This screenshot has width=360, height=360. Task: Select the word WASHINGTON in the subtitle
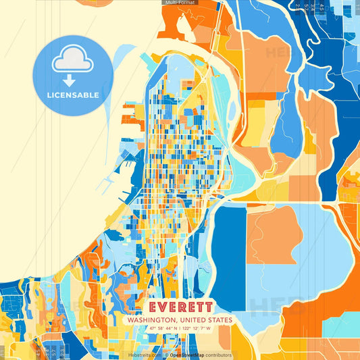coord(154,319)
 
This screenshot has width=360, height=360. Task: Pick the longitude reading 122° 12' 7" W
coord(197,329)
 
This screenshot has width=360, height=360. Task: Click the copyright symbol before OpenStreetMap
coord(166,355)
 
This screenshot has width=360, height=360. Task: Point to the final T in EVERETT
coord(206,306)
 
